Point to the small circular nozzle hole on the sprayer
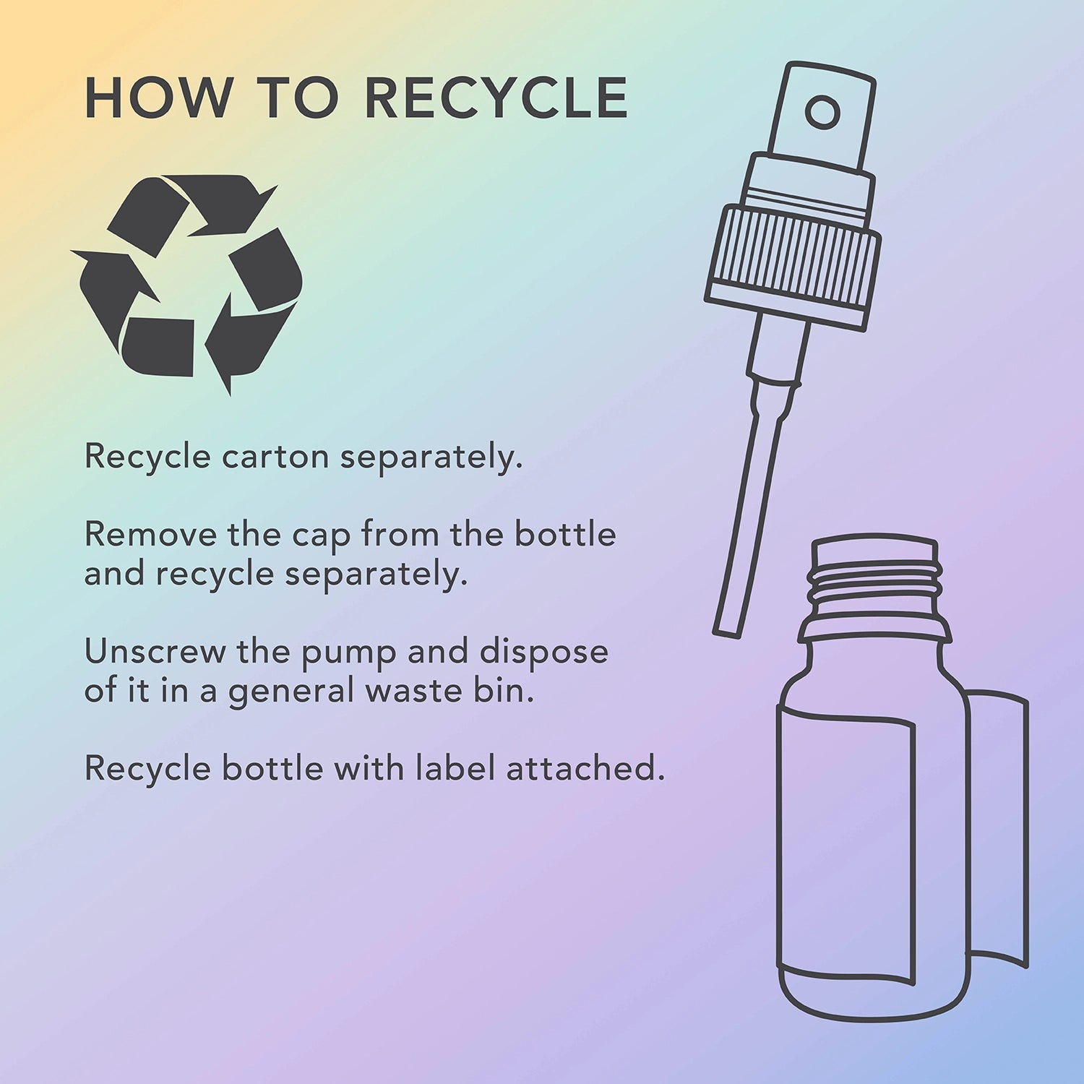[822, 113]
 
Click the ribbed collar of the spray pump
[793, 257]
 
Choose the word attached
[584, 767]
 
